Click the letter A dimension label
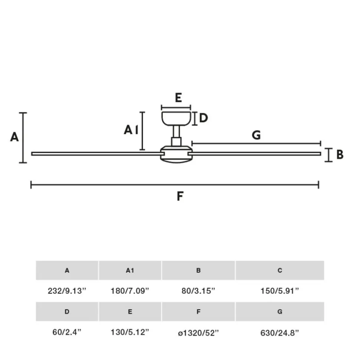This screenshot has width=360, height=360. [x=14, y=137]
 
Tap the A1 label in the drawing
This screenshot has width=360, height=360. [x=131, y=130]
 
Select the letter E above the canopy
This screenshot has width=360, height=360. [x=178, y=98]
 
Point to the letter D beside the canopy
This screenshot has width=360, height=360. [x=203, y=118]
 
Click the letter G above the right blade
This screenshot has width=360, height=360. [x=256, y=135]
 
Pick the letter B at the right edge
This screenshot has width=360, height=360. [x=340, y=155]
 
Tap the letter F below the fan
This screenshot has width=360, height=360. [x=180, y=196]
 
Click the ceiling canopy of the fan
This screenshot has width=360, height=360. [x=176, y=118]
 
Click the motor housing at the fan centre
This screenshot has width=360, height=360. [x=176, y=155]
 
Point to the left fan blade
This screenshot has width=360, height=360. [x=96, y=153]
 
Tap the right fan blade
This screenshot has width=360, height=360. [x=256, y=153]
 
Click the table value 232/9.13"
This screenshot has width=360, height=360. [x=67, y=291]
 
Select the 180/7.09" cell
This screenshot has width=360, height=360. [x=130, y=291]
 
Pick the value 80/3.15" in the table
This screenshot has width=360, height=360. [x=199, y=291]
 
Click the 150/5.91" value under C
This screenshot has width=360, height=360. [x=280, y=291]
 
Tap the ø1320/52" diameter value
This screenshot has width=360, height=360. [x=199, y=333]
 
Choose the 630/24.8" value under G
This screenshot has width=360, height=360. [x=280, y=333]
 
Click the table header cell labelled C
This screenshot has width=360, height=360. [x=280, y=271]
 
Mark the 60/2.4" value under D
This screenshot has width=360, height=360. [x=67, y=333]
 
